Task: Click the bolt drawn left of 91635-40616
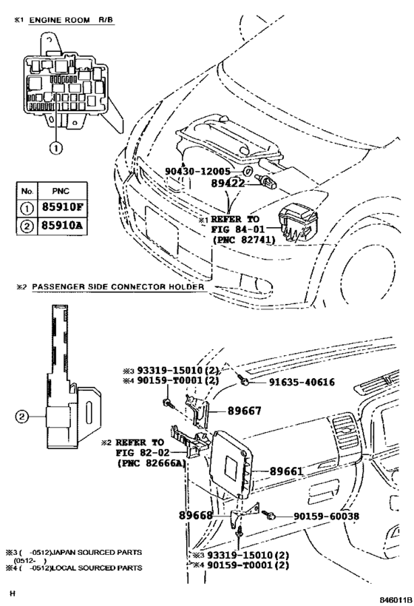click(x=244, y=381)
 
